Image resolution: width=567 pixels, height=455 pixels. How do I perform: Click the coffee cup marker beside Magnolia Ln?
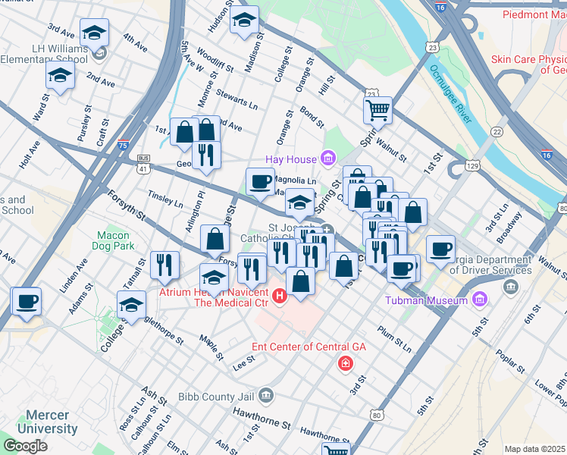click(260, 181)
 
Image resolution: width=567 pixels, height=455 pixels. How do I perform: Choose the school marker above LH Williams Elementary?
click(94, 32)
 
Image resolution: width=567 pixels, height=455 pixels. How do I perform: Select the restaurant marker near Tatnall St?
click(164, 264)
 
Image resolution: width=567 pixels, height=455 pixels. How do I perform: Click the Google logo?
click(25, 446)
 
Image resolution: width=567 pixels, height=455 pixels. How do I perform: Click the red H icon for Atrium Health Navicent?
click(280, 294)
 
